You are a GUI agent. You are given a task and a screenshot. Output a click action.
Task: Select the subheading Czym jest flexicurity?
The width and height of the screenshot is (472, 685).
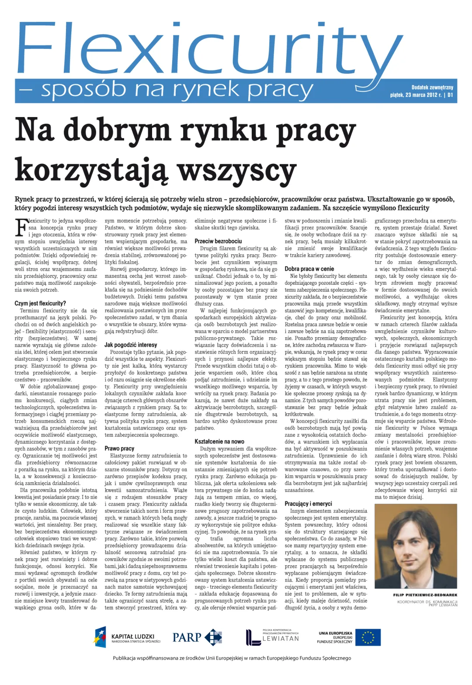coord(40,303)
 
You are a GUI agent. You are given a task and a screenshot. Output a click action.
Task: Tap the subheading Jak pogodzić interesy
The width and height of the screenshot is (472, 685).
coord(131,345)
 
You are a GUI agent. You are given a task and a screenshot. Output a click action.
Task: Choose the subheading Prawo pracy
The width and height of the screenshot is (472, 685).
coord(119,448)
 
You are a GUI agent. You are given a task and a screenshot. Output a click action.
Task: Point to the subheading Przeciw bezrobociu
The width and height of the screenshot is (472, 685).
coord(218,241)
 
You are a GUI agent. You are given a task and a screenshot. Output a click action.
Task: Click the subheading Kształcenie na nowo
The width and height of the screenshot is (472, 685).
coord(219,442)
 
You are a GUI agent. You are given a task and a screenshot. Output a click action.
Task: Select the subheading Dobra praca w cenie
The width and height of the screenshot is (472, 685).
coord(309,269)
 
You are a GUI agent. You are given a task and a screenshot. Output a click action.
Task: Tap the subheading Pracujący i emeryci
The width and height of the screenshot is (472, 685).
coord(308,504)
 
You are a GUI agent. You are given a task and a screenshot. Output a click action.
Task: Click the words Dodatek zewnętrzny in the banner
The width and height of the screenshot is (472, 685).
coord(432,87)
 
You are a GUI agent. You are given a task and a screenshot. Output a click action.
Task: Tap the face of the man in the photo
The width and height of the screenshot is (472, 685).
coord(413,546)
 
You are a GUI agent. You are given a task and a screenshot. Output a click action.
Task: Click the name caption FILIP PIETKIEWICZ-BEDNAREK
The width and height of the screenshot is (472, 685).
coord(425,595)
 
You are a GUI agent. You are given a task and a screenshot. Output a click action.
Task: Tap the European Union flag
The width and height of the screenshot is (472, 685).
coord(368,637)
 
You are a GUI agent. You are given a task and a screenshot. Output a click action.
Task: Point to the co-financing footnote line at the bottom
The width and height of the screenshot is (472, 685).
coord(232,658)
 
